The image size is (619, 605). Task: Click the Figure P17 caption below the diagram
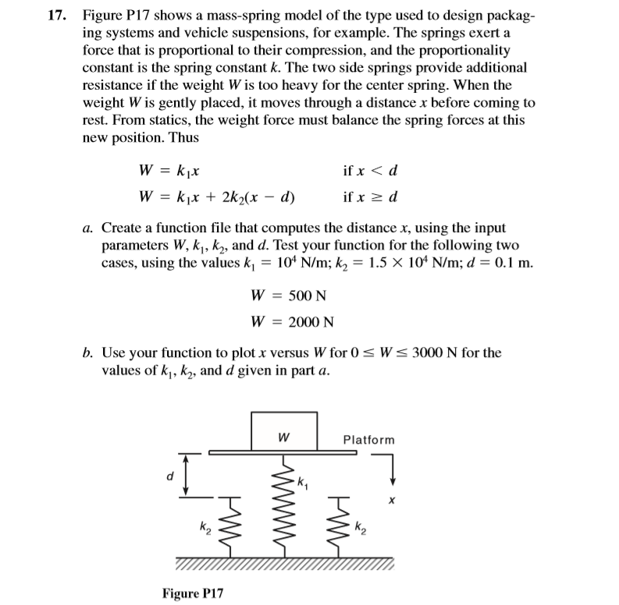point(192,593)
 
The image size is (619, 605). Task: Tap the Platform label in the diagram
point(368,440)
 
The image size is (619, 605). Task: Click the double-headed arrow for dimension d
point(186,474)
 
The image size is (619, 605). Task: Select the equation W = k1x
point(172,171)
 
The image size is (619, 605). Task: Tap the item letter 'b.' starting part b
point(89,352)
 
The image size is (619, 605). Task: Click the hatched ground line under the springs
point(285,564)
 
